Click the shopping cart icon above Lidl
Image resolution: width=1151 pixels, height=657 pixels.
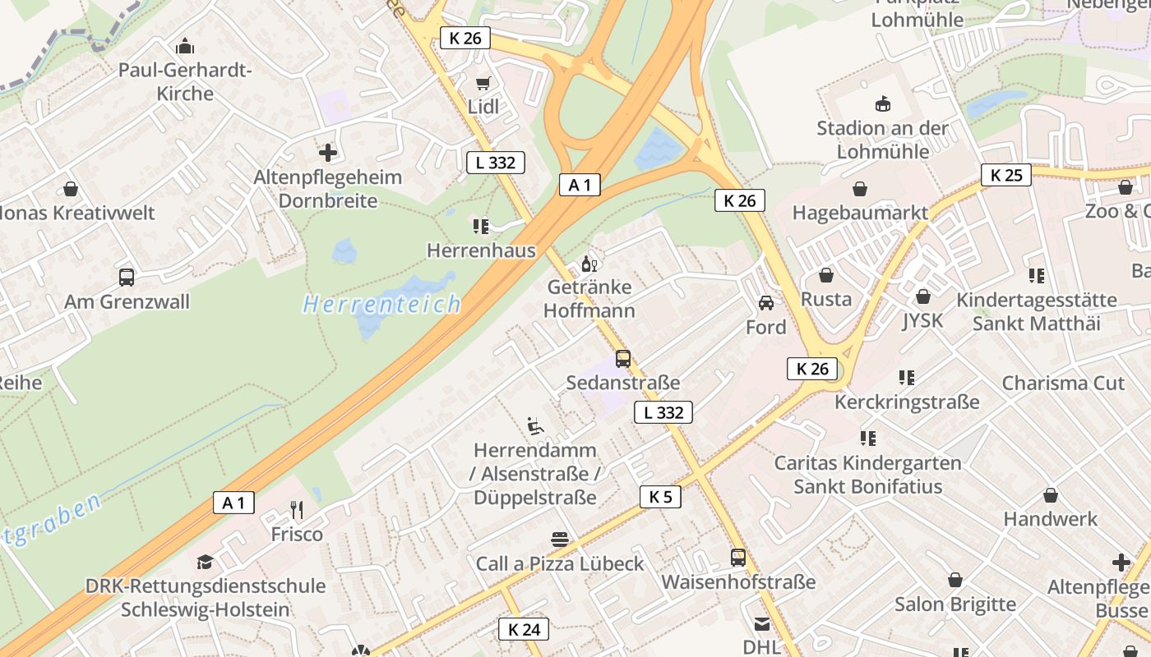[483, 83]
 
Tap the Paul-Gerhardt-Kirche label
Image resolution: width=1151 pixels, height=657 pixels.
[185, 81]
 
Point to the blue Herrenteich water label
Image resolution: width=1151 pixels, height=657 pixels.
[382, 305]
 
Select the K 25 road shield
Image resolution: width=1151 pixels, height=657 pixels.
[1005, 175]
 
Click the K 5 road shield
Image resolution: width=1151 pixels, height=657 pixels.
[660, 496]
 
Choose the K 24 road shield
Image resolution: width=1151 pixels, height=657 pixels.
[524, 629]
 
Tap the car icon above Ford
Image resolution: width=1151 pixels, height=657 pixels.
[765, 303]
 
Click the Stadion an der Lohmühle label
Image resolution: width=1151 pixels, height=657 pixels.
[882, 140]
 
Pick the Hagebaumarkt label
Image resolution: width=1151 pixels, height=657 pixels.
[860, 213]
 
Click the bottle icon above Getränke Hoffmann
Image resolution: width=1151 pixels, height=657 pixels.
[589, 264]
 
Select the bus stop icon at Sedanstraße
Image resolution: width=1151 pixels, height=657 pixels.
[623, 359]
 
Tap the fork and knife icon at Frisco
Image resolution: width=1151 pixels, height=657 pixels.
[297, 510]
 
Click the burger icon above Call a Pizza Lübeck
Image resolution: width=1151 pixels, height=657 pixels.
[560, 540]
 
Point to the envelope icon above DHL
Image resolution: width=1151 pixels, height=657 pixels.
[761, 624]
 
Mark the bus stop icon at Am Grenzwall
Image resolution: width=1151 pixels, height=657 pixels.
[127, 278]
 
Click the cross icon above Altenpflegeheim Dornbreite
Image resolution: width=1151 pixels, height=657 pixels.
[328, 153]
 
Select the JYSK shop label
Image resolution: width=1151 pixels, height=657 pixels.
[922, 319]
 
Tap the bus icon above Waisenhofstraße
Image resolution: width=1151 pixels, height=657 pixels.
[738, 558]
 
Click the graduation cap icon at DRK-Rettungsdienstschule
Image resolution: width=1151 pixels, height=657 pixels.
[205, 562]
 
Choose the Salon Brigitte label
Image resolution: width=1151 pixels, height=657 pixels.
[955, 604]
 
